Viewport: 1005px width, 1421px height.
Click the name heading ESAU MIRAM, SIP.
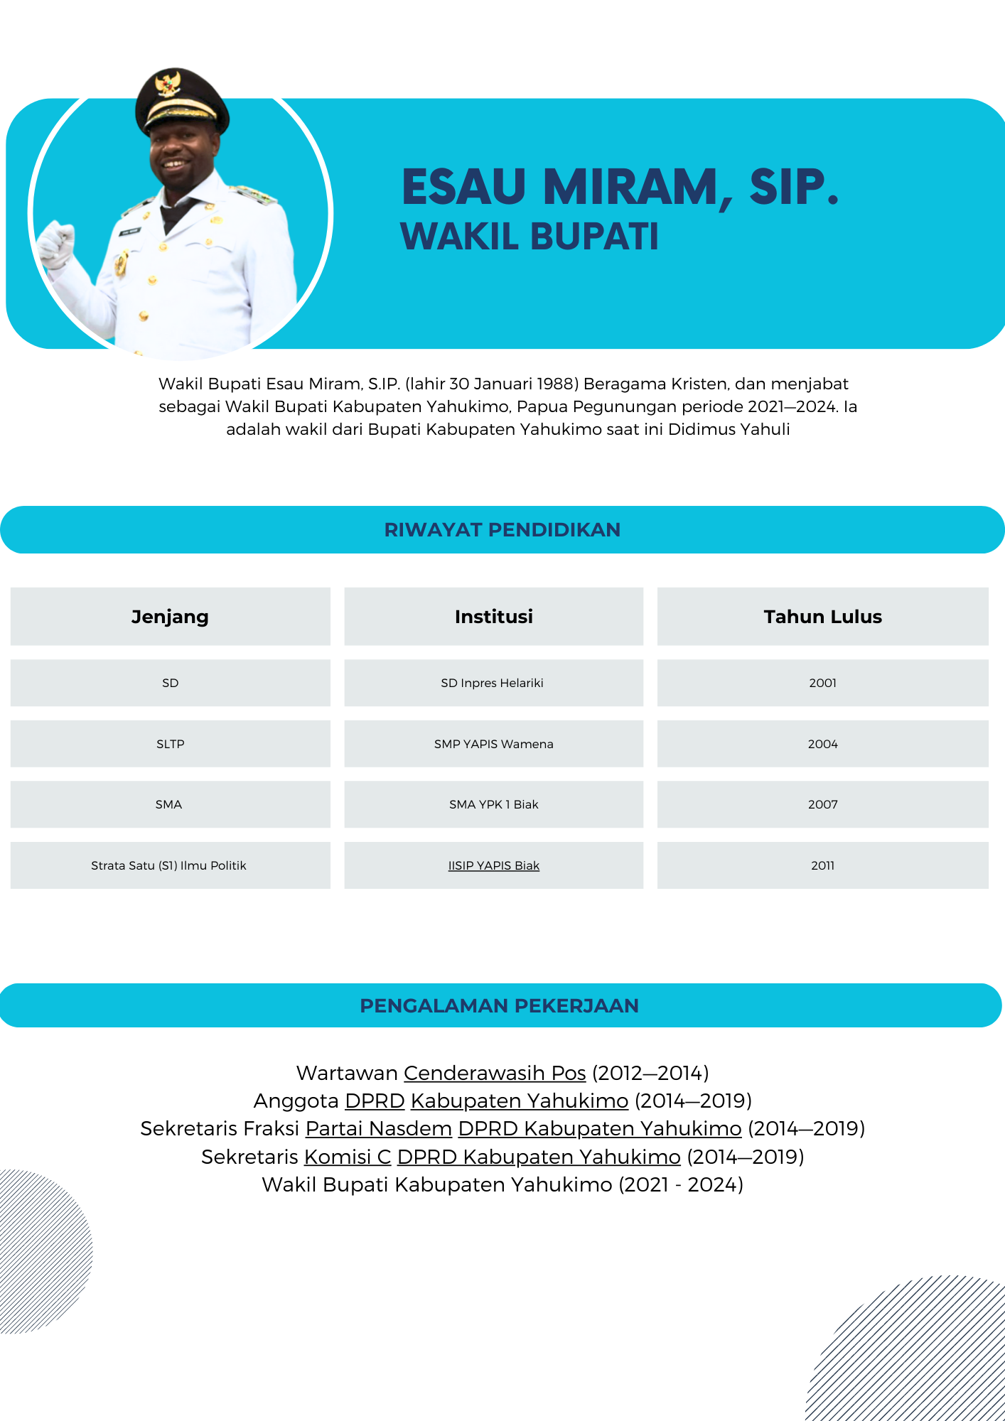[x=620, y=187]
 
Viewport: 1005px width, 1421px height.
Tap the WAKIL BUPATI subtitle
[x=530, y=237]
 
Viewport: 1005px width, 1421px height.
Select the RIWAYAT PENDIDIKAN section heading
[x=502, y=530]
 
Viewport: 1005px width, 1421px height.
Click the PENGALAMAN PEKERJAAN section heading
[x=499, y=1006]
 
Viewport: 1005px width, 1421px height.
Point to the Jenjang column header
[x=170, y=617]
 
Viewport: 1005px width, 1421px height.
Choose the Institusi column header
[x=493, y=617]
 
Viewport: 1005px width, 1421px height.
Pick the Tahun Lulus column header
[x=822, y=617]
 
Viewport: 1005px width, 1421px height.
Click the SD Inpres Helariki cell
[x=492, y=683]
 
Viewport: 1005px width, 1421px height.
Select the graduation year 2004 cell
[x=822, y=744]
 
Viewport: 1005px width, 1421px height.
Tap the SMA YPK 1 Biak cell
[x=493, y=804]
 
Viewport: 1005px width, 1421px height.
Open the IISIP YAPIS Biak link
[x=493, y=865]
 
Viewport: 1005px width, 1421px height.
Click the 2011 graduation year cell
[x=822, y=865]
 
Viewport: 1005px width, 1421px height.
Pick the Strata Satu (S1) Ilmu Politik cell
[x=168, y=865]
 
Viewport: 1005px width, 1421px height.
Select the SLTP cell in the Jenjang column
[x=170, y=744]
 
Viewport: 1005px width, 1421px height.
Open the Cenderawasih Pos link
[x=495, y=1073]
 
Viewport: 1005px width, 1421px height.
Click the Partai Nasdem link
[x=379, y=1128]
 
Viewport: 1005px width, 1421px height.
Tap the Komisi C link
[x=348, y=1157]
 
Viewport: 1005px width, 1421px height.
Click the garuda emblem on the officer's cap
[x=168, y=83]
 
